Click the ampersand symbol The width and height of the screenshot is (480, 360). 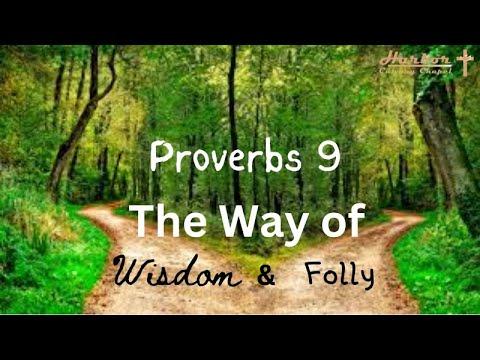click(x=266, y=275)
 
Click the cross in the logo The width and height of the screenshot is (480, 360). click(x=464, y=63)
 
